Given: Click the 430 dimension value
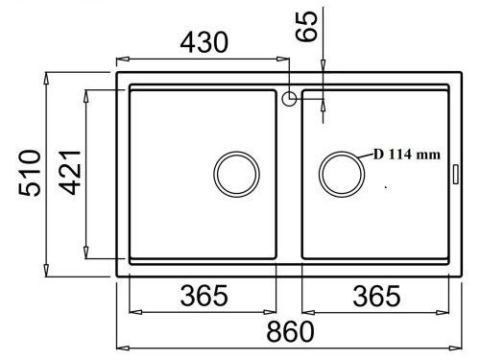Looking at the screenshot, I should (x=202, y=42).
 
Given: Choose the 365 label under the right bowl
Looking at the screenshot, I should (x=376, y=297).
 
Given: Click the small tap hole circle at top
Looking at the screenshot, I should (x=288, y=97).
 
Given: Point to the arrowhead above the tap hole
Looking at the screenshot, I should (x=322, y=65).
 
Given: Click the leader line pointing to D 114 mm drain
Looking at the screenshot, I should (x=366, y=156).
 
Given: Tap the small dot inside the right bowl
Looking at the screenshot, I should (x=386, y=186).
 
